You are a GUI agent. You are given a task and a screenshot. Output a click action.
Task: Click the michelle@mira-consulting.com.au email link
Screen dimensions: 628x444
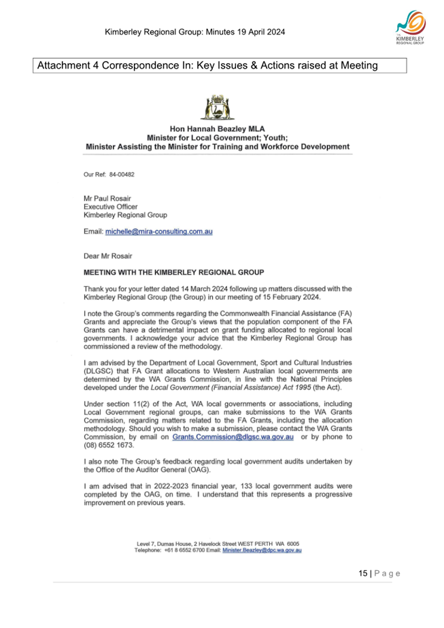(159, 232)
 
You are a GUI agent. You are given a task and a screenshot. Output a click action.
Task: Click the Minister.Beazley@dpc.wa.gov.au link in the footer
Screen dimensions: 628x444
(262, 551)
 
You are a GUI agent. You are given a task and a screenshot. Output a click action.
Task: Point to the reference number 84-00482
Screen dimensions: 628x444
(122, 174)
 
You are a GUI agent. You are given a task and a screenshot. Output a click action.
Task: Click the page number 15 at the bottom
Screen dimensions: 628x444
(362, 574)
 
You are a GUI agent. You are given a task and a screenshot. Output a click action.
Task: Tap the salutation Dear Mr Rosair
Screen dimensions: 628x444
(108, 256)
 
